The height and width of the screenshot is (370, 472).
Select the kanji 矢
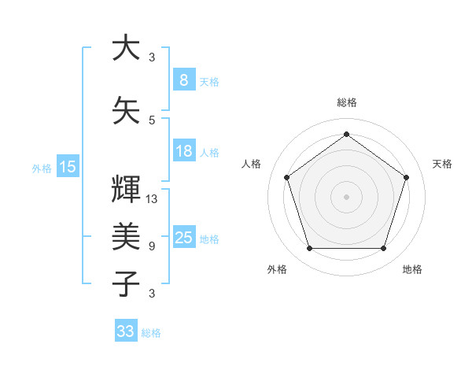pos(126,109)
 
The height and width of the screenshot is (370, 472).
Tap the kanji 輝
pos(126,188)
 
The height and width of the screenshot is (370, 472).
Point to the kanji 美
pos(126,235)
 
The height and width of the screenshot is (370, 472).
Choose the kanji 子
pos(126,283)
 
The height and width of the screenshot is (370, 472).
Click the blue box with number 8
pos(183,80)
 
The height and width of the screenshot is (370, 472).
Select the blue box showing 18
pos(183,151)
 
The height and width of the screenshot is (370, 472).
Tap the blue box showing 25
pos(183,238)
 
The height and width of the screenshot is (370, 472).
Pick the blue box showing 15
pos(68,166)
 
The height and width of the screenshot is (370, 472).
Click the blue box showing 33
pos(125,331)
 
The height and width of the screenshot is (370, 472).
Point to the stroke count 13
pos(152,198)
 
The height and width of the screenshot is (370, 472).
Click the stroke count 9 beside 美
pos(152,246)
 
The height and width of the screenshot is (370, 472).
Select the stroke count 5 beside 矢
pos(152,120)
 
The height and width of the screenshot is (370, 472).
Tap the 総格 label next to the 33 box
pos(151,333)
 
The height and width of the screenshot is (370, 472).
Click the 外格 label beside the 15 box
pos(41,168)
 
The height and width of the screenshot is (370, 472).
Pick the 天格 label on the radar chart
pos(442,164)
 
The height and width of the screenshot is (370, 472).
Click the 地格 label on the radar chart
pos(412,269)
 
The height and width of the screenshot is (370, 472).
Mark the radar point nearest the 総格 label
pos(346,134)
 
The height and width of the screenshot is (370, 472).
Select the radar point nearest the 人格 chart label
pos(286,177)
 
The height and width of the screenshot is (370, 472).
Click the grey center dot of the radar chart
pos(346,197)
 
